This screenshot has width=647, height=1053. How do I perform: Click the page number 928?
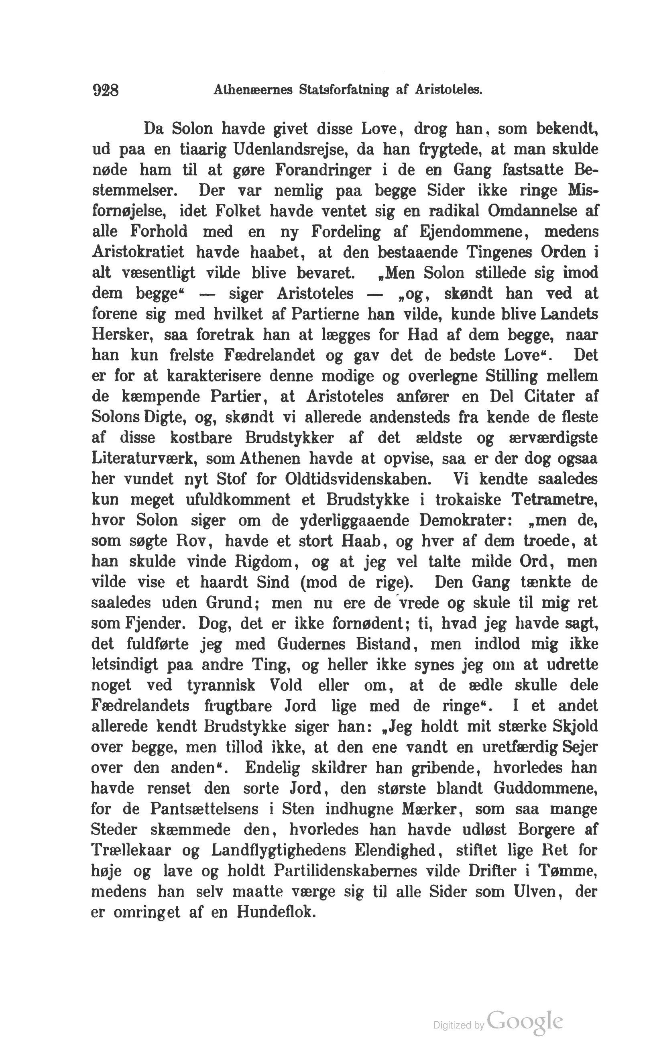tap(105, 90)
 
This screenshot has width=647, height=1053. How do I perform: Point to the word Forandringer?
tap(323, 170)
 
